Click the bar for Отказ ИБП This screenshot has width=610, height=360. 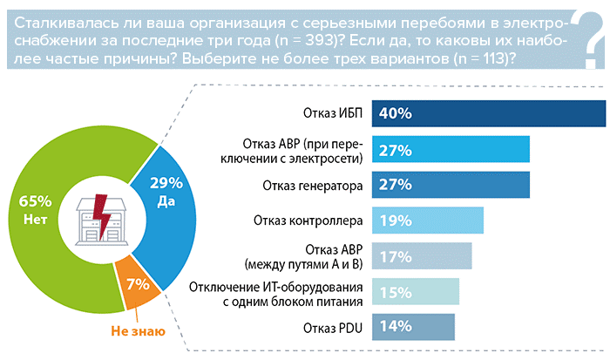pos(488,113)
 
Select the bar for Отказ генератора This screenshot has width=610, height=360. pos(451,185)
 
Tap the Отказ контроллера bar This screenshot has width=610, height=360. pos(428,221)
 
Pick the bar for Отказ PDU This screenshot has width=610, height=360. pos(414,328)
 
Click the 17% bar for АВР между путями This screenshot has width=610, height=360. pos(423,256)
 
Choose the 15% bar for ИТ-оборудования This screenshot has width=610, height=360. pos(417,292)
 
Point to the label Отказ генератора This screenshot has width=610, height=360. pos(311,185)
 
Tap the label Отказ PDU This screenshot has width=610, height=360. pos(334,328)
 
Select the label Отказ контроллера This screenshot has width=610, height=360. pos(307,221)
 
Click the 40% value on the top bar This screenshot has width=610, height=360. pos(395,113)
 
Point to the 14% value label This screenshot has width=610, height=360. pos(393,328)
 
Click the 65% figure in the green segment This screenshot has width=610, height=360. pos(35,201)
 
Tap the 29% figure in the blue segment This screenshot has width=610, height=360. pos(166,183)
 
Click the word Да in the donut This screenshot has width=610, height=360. pos(166,200)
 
